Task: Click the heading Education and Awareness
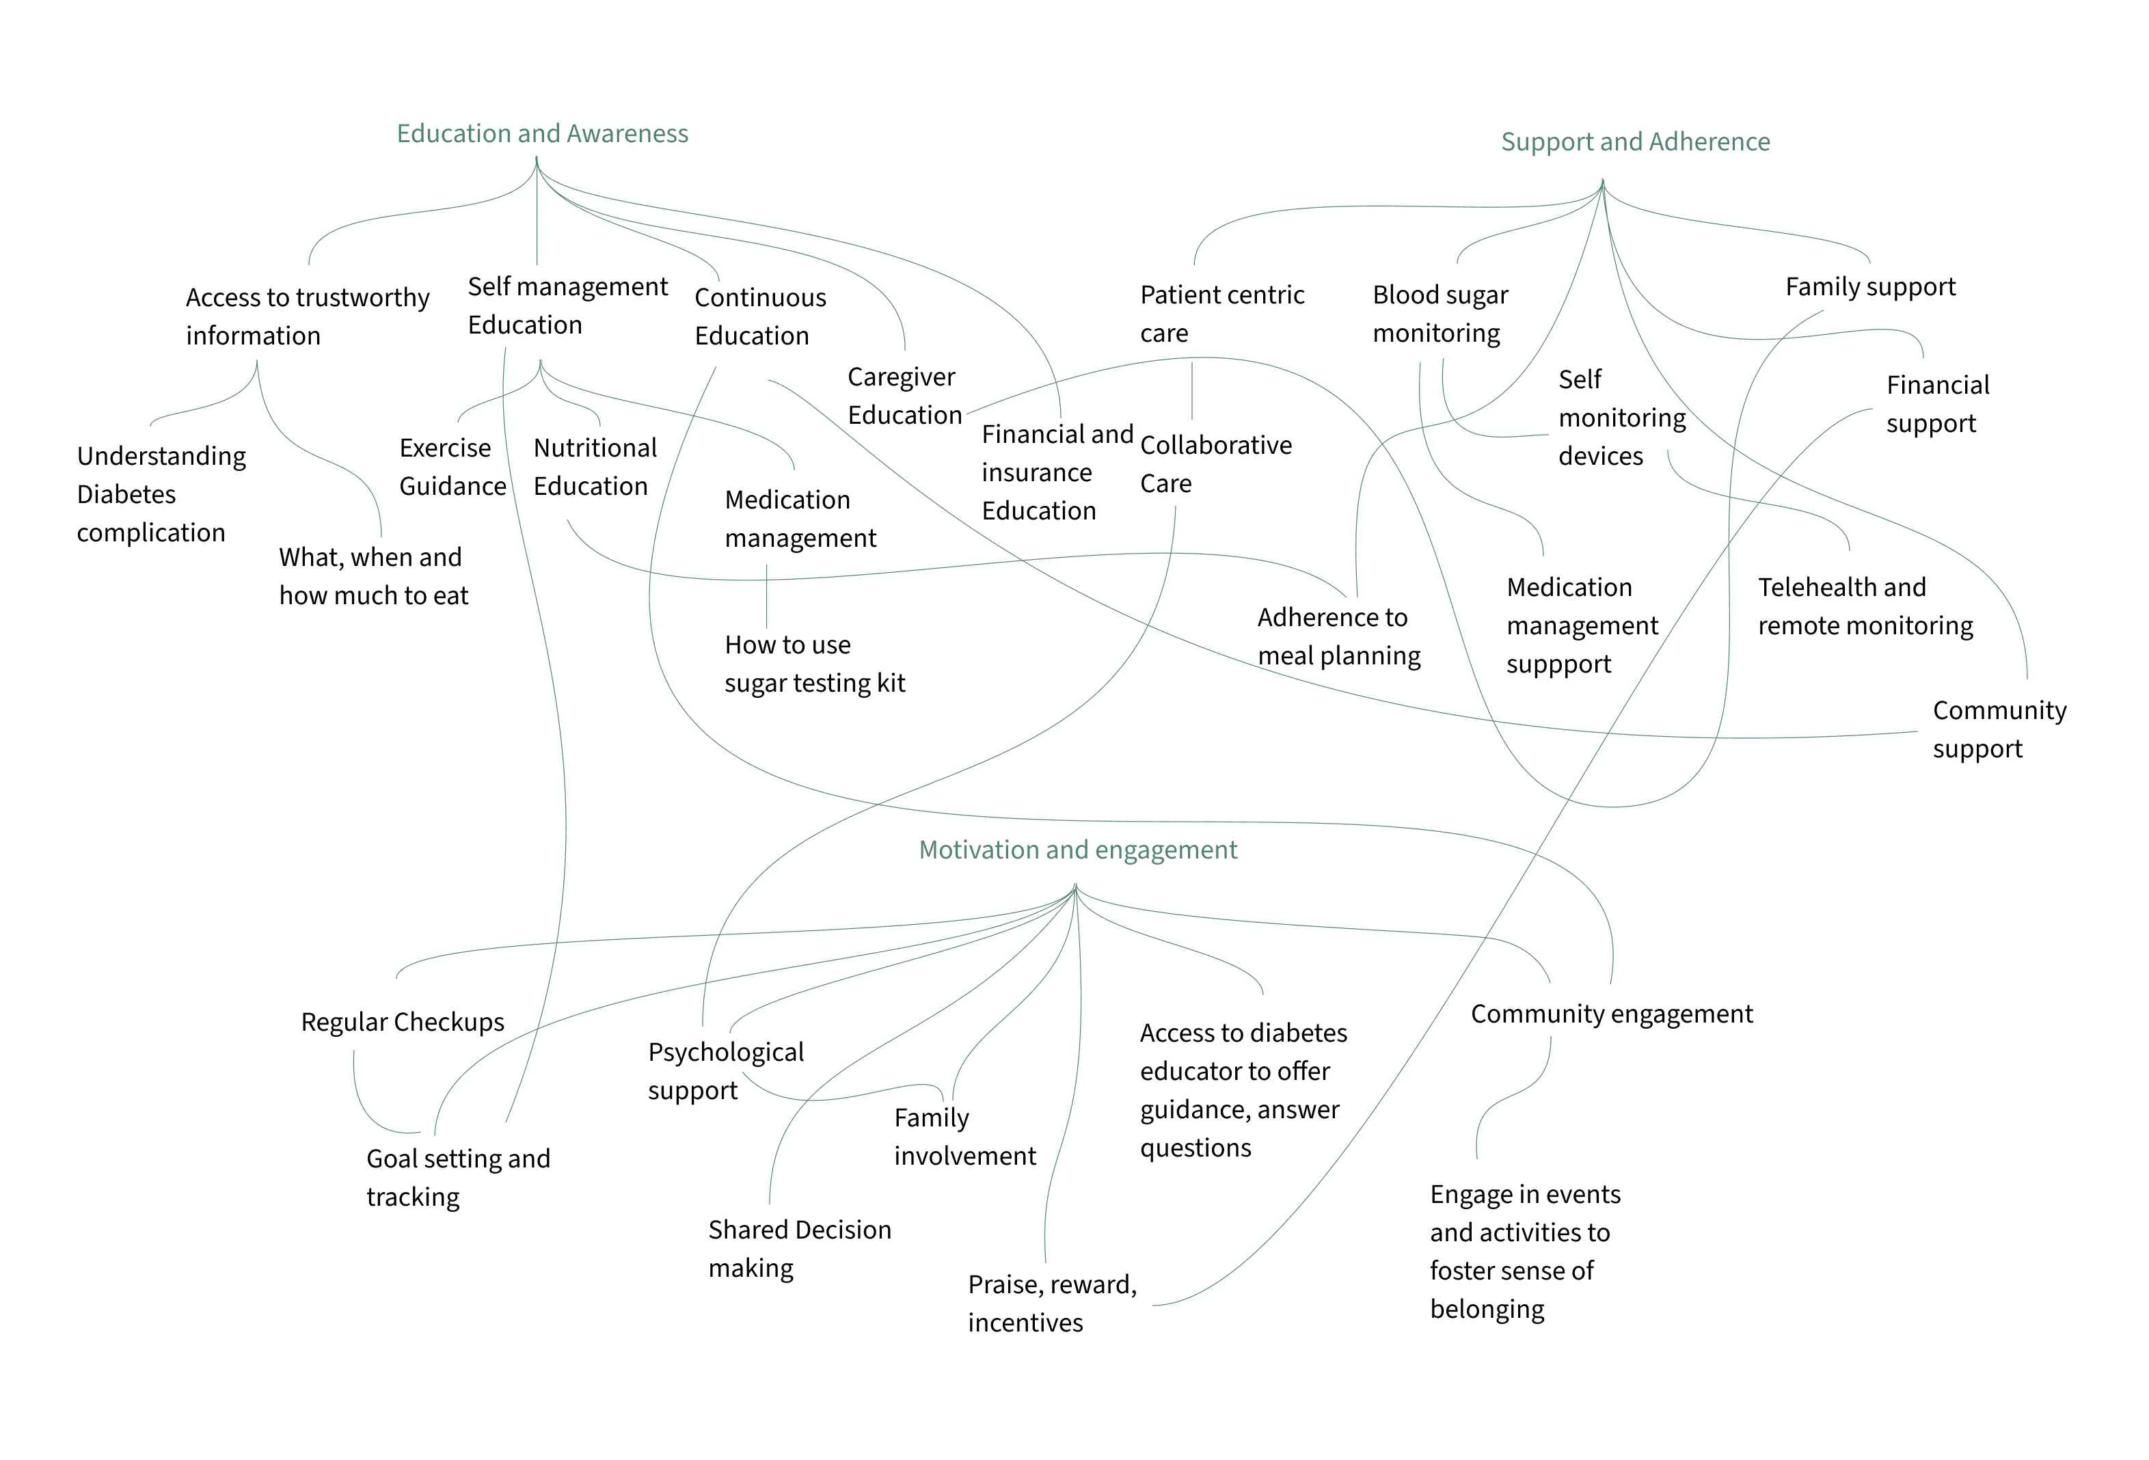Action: coord(542,134)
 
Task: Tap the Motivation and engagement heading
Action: coord(1077,850)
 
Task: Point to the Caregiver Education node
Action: coord(904,396)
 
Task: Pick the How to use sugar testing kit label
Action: coord(813,664)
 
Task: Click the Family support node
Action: coord(1869,286)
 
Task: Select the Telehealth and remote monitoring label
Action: coord(1864,606)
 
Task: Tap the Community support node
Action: coord(1998,729)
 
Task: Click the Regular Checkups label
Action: coord(402,1023)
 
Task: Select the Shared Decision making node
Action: coord(799,1248)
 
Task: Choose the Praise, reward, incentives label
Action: coord(1051,1303)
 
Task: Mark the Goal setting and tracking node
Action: coord(458,1177)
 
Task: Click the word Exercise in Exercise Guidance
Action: coord(445,448)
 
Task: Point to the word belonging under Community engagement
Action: coord(1486,1310)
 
